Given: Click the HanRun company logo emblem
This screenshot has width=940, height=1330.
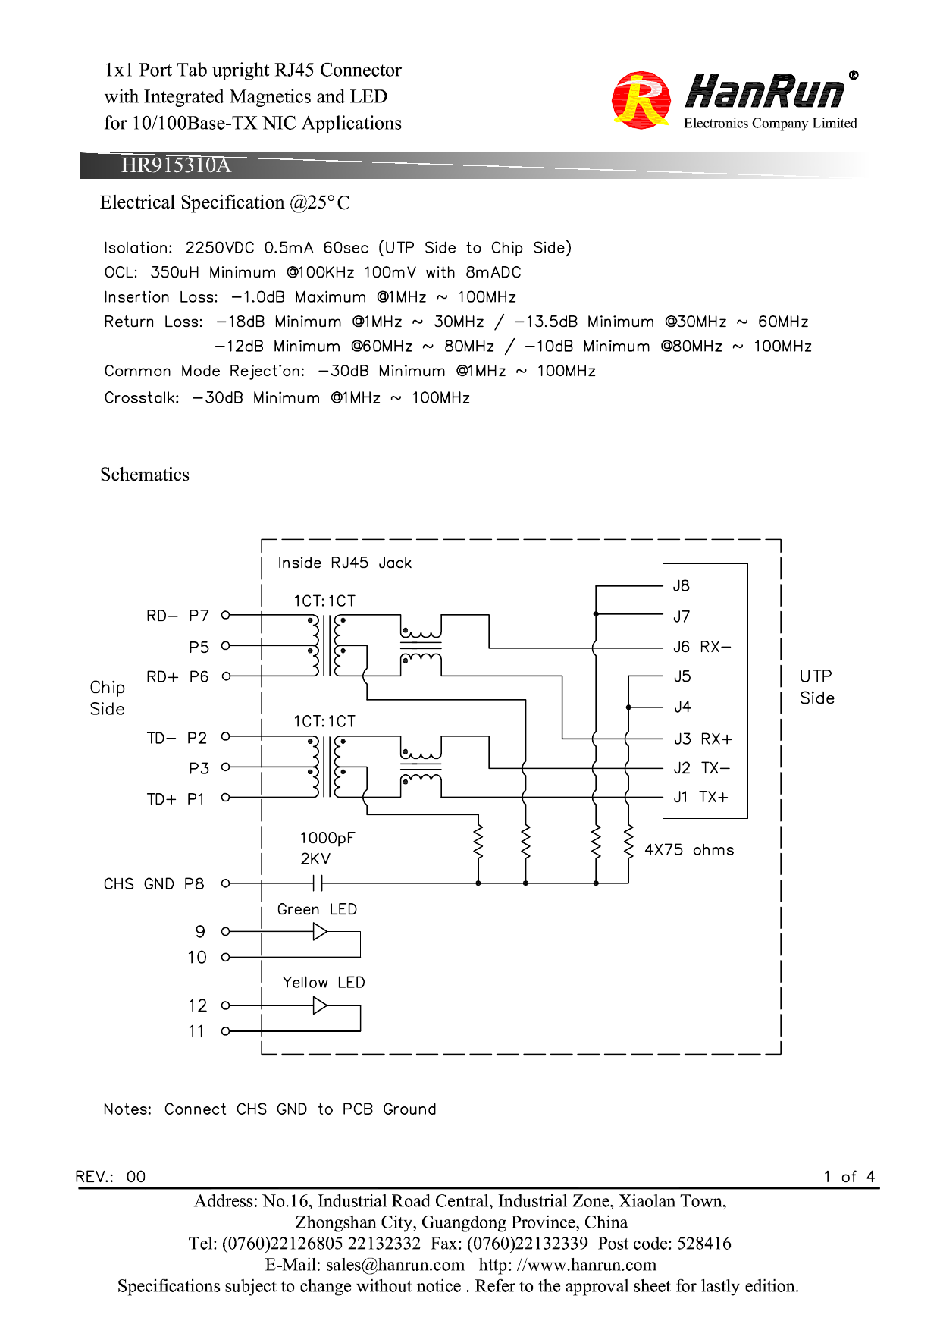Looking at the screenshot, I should click(x=641, y=100).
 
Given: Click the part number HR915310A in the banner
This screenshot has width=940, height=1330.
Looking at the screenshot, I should click(x=176, y=165).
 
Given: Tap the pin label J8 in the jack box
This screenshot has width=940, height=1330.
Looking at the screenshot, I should click(x=681, y=585).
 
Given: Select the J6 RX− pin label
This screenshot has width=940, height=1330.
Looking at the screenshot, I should click(x=702, y=647).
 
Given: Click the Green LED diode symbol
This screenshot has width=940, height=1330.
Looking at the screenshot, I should click(x=320, y=931).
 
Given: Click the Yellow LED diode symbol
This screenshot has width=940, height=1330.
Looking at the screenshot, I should click(x=320, y=1005).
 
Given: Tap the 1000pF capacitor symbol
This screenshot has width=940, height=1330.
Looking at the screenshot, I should click(x=318, y=883).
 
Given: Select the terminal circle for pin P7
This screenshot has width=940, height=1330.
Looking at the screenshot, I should click(x=225, y=615).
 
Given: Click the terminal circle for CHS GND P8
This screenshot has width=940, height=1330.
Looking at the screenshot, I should click(x=225, y=883).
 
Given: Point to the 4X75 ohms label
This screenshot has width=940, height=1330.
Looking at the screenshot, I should click(x=689, y=850).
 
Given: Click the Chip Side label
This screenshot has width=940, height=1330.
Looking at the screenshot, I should click(x=107, y=698).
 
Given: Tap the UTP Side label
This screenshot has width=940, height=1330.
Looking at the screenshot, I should click(x=816, y=687).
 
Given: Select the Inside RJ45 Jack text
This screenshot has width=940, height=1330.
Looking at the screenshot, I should click(x=344, y=563).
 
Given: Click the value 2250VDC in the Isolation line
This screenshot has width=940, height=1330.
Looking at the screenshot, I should click(x=219, y=248).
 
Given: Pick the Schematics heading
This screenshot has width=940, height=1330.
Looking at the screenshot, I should click(x=145, y=475).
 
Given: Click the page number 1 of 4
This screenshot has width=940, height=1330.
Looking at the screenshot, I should click(x=849, y=1176).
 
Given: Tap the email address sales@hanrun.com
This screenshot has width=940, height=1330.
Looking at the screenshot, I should click(x=395, y=1265).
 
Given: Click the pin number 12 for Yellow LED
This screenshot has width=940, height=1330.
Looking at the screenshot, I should click(x=197, y=1005).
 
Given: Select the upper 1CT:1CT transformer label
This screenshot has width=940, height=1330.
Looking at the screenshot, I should click(x=324, y=601).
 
